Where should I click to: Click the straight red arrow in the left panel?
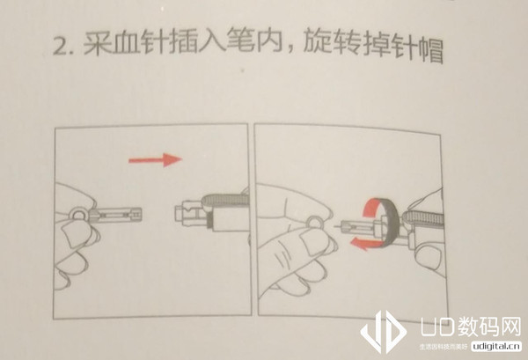tap(153, 159)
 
